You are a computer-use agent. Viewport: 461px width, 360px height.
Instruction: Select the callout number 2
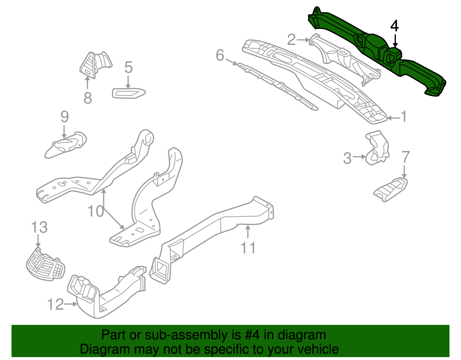coord(292,39)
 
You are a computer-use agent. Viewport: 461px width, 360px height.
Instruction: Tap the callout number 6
coord(220,55)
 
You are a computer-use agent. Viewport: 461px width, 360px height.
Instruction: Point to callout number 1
coord(404,117)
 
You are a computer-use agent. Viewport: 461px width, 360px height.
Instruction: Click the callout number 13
coord(39,227)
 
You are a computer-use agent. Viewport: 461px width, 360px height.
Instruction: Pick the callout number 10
coord(96,211)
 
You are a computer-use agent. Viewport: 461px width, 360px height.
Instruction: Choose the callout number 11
coord(248,248)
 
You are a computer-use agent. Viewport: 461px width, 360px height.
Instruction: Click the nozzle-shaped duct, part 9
coord(66,144)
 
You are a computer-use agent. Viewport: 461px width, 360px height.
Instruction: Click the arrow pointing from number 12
coord(71,304)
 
